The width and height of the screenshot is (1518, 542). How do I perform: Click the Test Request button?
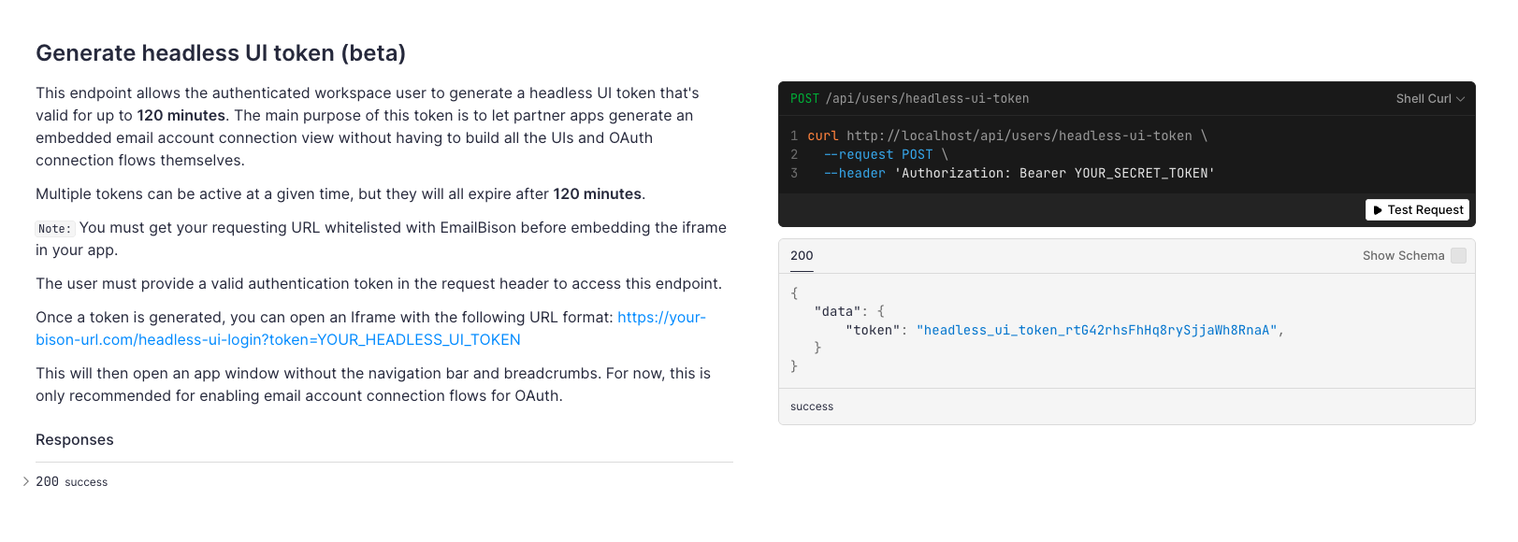pyautogui.click(x=1417, y=210)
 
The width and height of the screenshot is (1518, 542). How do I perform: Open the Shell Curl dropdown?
pyautogui.click(x=1430, y=99)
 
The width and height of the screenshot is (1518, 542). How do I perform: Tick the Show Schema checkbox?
pyautogui.click(x=1458, y=255)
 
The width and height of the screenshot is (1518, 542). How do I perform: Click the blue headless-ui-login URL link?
pyautogui.click(x=370, y=329)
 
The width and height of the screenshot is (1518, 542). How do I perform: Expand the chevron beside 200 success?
pyautogui.click(x=26, y=481)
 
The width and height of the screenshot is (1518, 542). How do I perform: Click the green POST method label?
pyautogui.click(x=804, y=99)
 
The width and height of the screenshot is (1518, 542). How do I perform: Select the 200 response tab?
pyautogui.click(x=802, y=256)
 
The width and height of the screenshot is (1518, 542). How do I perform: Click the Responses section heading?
pyautogui.click(x=75, y=440)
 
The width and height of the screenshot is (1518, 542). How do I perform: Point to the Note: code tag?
pyautogui.click(x=54, y=228)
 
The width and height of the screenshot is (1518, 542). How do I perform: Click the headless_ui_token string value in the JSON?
pyautogui.click(x=1096, y=330)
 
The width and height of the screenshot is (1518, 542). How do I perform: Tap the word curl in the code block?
pyautogui.click(x=823, y=135)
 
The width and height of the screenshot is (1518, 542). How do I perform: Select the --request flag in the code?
pyautogui.click(x=858, y=154)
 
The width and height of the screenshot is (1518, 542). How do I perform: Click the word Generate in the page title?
pyautogui.click(x=84, y=53)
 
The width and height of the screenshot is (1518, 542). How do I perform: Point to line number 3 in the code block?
pyautogui.click(x=794, y=174)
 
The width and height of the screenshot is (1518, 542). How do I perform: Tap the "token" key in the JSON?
pyautogui.click(x=873, y=330)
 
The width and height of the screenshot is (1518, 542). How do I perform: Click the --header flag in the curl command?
pyautogui.click(x=855, y=174)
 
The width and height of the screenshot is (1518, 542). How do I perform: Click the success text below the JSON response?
pyautogui.click(x=812, y=406)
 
